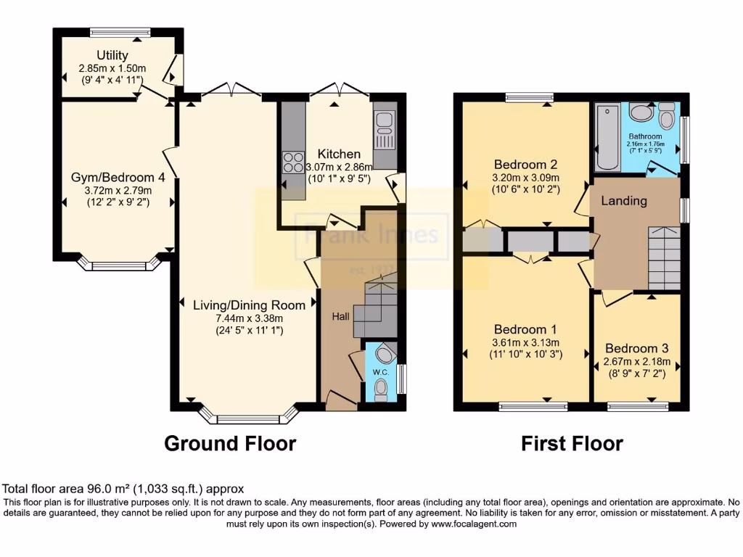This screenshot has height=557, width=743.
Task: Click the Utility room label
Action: (x=112, y=55)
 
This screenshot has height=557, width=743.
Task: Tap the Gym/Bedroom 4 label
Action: (x=112, y=177)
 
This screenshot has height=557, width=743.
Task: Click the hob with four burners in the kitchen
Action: (x=294, y=162)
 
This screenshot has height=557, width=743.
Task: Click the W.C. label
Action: (x=381, y=372)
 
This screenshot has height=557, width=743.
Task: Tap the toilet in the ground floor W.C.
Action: (x=381, y=390)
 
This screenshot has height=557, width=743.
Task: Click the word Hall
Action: (x=341, y=316)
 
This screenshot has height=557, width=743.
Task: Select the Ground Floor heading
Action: (x=230, y=443)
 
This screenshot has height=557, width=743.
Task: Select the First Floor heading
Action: (x=572, y=443)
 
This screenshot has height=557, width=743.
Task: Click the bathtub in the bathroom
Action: (x=607, y=136)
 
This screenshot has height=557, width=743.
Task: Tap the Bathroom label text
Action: (x=645, y=136)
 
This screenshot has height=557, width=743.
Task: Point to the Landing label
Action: (x=624, y=201)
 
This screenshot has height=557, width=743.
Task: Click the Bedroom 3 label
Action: (x=636, y=347)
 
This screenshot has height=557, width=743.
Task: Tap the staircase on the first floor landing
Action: (x=663, y=257)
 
